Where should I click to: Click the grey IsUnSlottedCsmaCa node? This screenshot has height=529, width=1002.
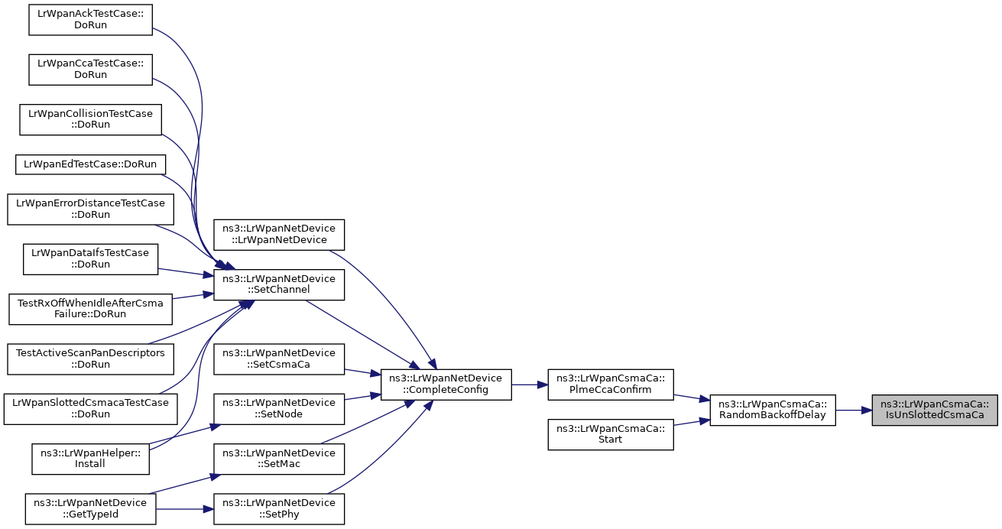pos(935,410)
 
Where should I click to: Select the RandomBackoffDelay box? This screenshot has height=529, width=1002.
pos(773,410)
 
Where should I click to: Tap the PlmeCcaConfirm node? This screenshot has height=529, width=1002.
pos(611,385)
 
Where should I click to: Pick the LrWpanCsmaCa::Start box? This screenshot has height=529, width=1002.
pos(611,434)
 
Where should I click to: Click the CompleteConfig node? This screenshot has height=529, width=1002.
pos(446,385)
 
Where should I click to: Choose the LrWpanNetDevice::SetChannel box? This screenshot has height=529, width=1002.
pos(279,284)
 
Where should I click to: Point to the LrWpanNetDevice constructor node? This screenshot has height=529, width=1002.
pos(279,235)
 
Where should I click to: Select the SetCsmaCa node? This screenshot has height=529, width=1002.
pos(279,359)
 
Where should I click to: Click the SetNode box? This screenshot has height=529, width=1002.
pos(279,409)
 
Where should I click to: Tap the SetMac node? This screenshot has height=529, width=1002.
pos(279,459)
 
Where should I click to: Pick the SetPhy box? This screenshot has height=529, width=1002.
pos(279,509)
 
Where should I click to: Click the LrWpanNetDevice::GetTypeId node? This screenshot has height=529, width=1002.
pos(90,509)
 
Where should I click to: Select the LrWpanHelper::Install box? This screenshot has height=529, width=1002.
pos(90,459)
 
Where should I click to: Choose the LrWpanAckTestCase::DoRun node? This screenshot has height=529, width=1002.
pos(90,20)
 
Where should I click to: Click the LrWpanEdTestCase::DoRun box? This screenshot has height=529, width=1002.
pos(90,164)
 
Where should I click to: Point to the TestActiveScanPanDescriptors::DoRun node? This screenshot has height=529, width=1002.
pos(90,359)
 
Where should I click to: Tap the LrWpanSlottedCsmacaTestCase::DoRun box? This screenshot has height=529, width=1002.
pos(90,409)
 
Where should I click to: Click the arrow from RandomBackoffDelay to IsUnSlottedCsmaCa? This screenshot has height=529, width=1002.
pos(854,410)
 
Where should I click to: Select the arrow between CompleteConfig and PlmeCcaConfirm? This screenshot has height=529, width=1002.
pos(530,385)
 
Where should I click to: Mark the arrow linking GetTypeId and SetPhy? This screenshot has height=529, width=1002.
pos(185,509)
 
